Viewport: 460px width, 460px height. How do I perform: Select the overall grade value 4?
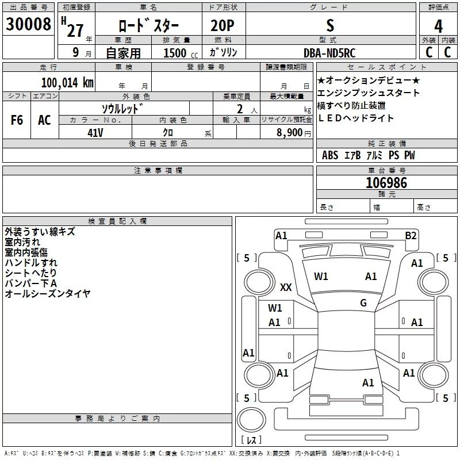coord(438,26)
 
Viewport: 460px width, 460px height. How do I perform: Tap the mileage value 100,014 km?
coord(67,83)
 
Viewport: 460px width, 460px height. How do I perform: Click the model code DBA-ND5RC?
coord(329,53)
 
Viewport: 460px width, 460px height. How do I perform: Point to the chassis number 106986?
coord(386,183)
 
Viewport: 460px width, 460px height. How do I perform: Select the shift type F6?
coord(17,120)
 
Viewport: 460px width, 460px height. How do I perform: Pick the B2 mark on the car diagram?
coord(411,235)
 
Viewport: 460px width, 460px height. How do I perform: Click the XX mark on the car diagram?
coord(286,287)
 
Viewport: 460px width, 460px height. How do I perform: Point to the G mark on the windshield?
coord(363,302)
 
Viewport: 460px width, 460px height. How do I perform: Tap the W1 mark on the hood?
coord(321,277)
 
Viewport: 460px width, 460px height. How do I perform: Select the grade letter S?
coord(329,26)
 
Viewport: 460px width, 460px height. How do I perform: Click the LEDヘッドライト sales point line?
coord(355,118)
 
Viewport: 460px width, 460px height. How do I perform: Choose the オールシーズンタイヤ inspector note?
coord(48,294)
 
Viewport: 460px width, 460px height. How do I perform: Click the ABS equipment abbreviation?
coord(330,156)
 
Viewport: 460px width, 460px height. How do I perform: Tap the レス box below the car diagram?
coord(251,440)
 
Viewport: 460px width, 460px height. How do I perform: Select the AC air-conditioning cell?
coord(44,120)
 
